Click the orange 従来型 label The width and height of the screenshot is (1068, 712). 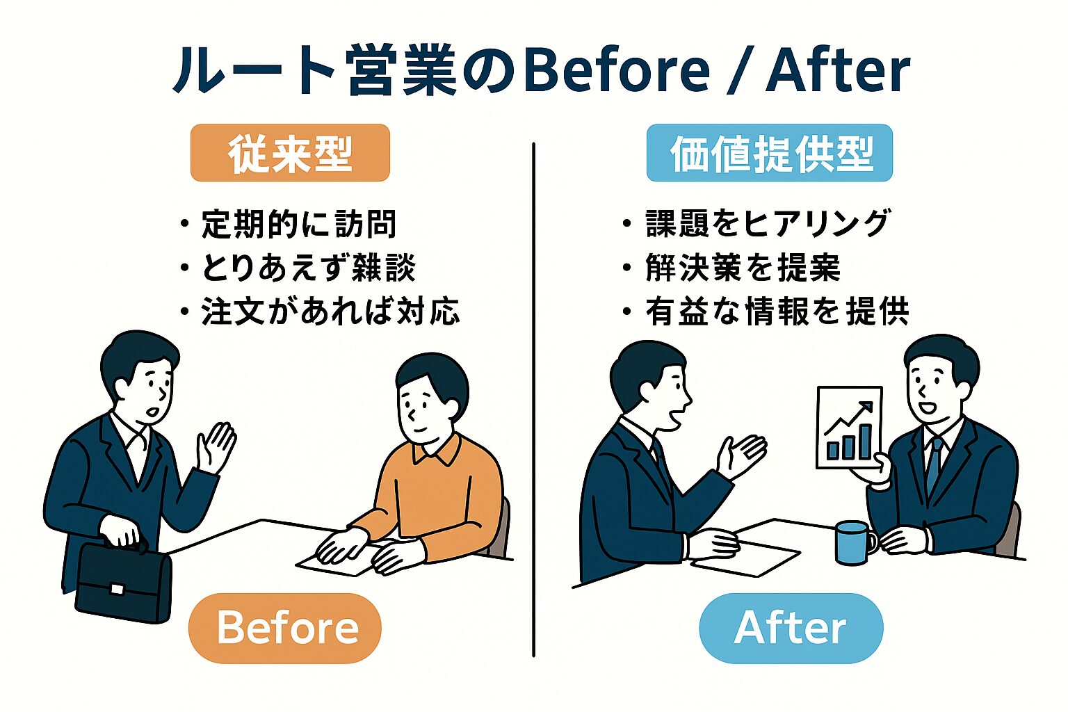point(290,153)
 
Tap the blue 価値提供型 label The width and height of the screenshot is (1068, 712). point(769,153)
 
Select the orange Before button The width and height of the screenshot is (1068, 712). point(285,628)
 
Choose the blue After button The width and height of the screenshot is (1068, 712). point(791,628)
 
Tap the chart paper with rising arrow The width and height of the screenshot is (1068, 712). point(849,428)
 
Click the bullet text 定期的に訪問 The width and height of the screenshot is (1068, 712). point(298,225)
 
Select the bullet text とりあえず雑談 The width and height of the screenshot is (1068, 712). point(308,268)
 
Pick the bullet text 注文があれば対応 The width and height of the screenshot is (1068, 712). point(330,312)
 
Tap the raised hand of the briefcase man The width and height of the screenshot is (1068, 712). point(216,445)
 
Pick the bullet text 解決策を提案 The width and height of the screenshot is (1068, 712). point(743,268)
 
